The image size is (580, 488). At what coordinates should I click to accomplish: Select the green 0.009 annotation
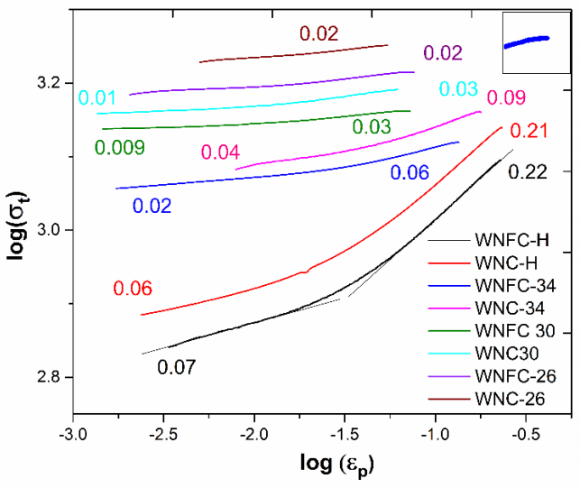pos(120,146)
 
